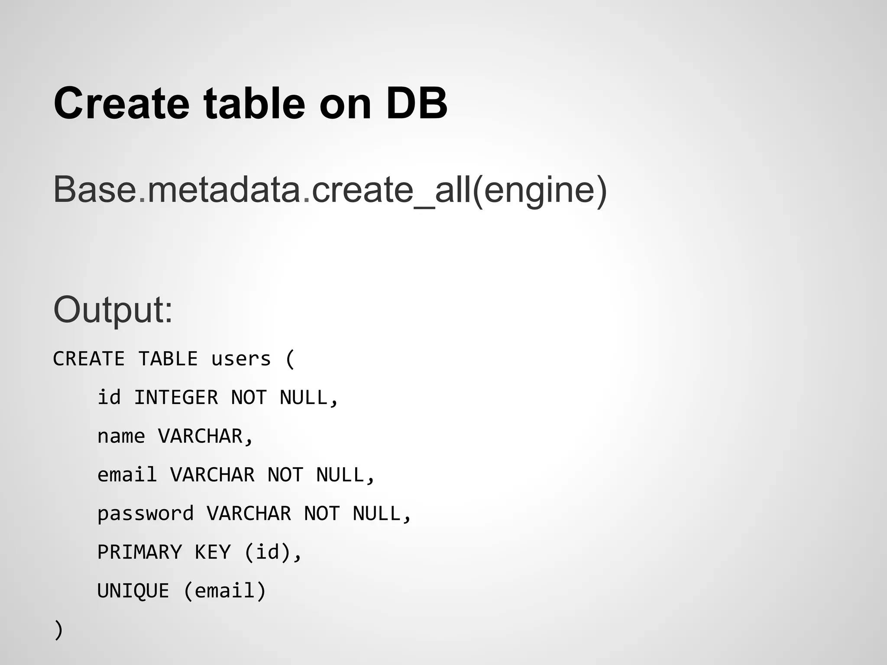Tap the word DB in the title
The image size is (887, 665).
pyautogui.click(x=416, y=104)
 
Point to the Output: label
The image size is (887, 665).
pyautogui.click(x=113, y=310)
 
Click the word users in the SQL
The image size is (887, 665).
pyautogui.click(x=241, y=359)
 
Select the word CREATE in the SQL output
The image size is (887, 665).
pyautogui.click(x=89, y=359)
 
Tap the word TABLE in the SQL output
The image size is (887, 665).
pyautogui.click(x=168, y=359)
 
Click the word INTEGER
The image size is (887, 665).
pyautogui.click(x=176, y=397)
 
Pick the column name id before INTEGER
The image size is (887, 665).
pyautogui.click(x=109, y=397)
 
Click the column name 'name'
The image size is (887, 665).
pyautogui.click(x=121, y=436)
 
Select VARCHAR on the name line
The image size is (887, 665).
pyautogui.click(x=200, y=436)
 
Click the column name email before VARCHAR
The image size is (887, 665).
pyautogui.click(x=127, y=475)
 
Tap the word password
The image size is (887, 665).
pyautogui.click(x=145, y=514)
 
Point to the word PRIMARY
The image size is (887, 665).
pyautogui.click(x=139, y=552)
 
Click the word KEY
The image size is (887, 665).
pyautogui.click(x=212, y=552)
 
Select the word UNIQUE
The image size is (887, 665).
pyautogui.click(x=133, y=591)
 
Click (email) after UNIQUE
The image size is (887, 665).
pyautogui.click(x=225, y=591)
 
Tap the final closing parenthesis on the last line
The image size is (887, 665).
pyautogui.click(x=58, y=630)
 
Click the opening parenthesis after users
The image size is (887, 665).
pyautogui.click(x=290, y=359)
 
